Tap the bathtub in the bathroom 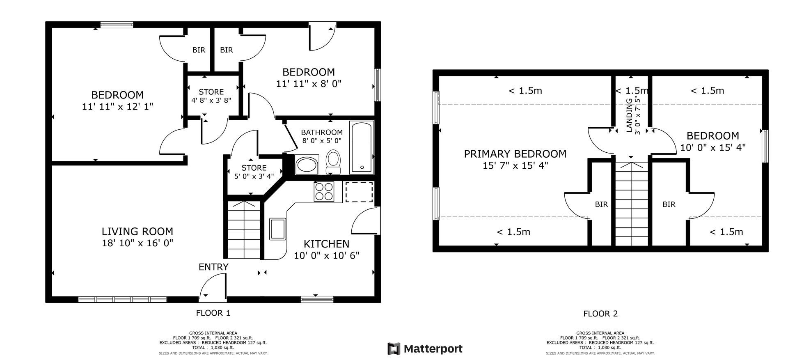pos(362,147)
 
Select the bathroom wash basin pos(307,165)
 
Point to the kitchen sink pos(277,229)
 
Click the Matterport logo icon pos(394,349)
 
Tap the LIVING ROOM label pos(137,232)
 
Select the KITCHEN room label pos(327,244)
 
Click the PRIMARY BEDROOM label pos(515,154)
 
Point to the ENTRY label pos(213,267)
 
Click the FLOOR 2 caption pos(600,314)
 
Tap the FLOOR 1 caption pos(213,313)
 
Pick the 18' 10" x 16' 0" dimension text pos(137,243)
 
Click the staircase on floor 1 pos(245,230)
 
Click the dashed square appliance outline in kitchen pos(359,192)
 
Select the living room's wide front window pos(123,299)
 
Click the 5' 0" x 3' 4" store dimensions pos(254,177)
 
